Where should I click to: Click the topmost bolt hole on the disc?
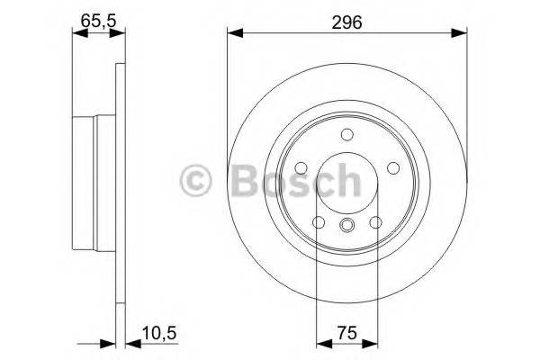[346, 136]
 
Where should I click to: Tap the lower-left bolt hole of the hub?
[317, 223]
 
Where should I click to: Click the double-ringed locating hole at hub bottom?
[346, 227]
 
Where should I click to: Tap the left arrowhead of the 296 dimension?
[233, 34]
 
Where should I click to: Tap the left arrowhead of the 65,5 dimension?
[76, 34]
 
